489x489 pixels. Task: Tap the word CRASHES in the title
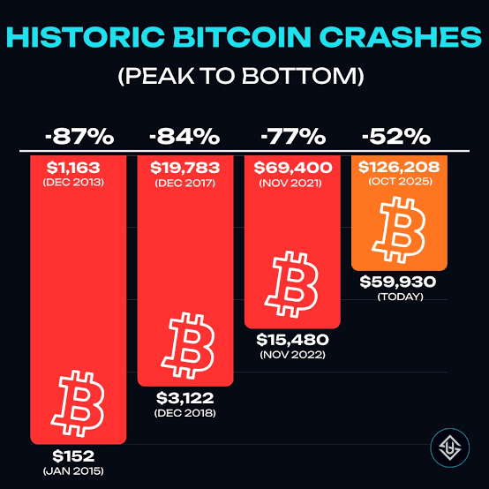[x=400, y=37]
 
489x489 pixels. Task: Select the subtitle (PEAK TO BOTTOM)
[x=241, y=76]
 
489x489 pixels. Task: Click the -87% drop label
[x=79, y=137]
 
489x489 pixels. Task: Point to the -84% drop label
[x=184, y=137]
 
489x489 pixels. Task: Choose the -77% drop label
[x=293, y=137]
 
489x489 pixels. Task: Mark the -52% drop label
[x=396, y=137]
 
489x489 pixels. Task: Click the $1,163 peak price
[x=73, y=168]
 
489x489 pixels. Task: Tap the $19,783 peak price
[x=185, y=168]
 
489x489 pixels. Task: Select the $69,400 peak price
[x=293, y=168]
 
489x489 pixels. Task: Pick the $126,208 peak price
[x=399, y=167]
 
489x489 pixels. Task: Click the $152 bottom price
[x=73, y=456]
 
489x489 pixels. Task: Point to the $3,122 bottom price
[x=185, y=398]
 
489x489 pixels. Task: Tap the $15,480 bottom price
[x=292, y=340]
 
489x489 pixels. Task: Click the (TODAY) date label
[x=401, y=297]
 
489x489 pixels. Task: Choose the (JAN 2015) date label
[x=73, y=471]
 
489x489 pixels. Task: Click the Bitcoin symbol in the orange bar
[x=399, y=230]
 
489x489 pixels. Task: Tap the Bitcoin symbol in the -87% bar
[x=78, y=403]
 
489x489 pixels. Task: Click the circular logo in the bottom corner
[x=449, y=448]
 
